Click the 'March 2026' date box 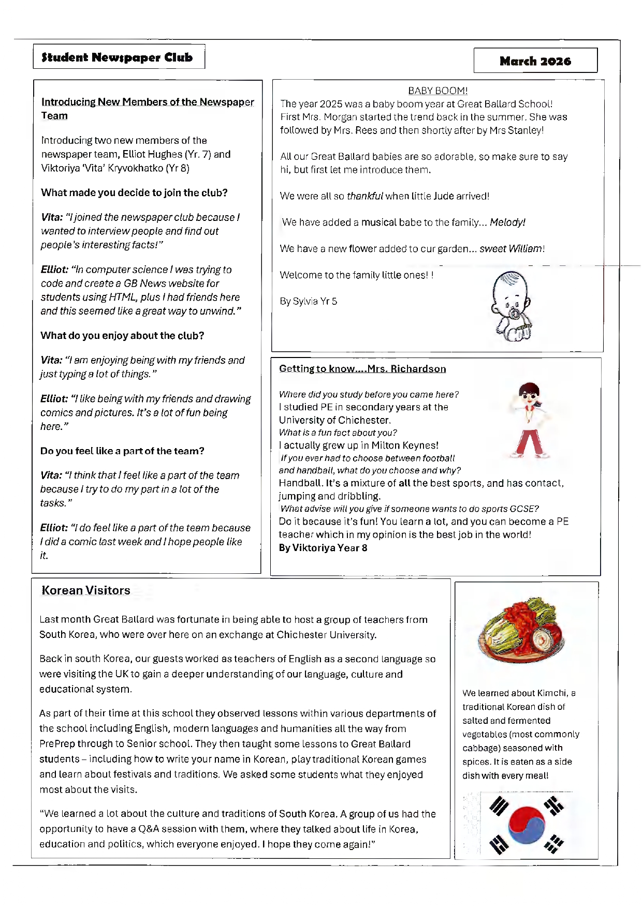[x=535, y=61]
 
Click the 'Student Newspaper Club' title [x=118, y=57]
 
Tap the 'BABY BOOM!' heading [x=437, y=91]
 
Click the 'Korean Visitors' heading [x=86, y=590]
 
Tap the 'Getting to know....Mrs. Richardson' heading [x=362, y=369]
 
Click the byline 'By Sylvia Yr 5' [x=309, y=301]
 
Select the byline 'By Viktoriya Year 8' [x=323, y=548]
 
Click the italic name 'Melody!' [x=507, y=222]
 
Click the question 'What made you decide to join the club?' [x=134, y=193]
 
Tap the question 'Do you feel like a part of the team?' [x=122, y=451]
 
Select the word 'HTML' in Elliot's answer [x=122, y=297]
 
